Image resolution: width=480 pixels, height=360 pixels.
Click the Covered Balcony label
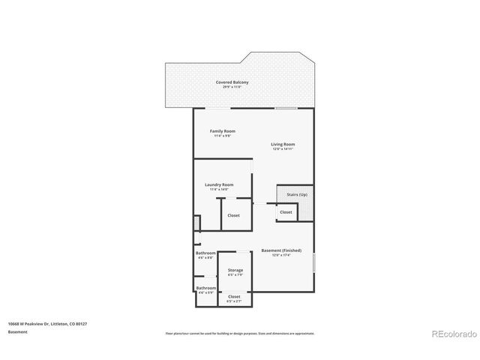(x=232, y=82)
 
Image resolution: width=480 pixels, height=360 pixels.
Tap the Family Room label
(x=223, y=131)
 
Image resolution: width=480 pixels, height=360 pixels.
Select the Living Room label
(x=283, y=144)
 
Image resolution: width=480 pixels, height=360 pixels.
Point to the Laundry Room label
(x=219, y=184)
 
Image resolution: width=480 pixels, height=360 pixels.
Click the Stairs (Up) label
(x=297, y=195)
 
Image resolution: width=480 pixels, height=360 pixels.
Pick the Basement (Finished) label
(x=281, y=250)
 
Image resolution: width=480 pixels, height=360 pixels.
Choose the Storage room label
(x=235, y=270)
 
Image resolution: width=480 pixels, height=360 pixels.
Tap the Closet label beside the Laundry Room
(x=234, y=215)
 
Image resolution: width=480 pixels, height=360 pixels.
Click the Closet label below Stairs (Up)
(x=286, y=212)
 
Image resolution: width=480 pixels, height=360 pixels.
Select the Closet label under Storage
(x=234, y=296)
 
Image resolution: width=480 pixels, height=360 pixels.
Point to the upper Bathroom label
(x=206, y=253)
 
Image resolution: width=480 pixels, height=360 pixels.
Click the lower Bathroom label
(x=206, y=287)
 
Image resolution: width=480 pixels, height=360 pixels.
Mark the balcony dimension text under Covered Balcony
(x=232, y=87)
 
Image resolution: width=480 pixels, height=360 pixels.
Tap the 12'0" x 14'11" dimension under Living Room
(x=283, y=149)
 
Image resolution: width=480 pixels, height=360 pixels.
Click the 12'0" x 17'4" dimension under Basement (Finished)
(x=281, y=255)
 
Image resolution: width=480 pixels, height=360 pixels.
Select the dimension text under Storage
(x=235, y=275)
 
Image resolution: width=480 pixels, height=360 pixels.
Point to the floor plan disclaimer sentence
(x=239, y=333)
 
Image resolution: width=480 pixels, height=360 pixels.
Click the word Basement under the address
(x=17, y=331)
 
